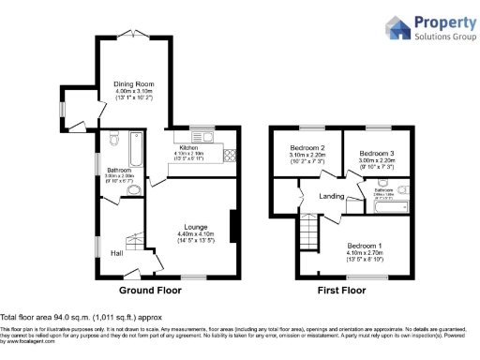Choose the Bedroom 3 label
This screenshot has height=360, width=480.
pyautogui.click(x=378, y=153)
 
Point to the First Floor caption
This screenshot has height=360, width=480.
pyautogui.click(x=341, y=290)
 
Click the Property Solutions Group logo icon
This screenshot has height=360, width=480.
pyautogui.click(x=397, y=28)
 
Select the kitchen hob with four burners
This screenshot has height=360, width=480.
pyautogui.click(x=228, y=156)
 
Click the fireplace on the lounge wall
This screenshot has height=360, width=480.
pyautogui.click(x=232, y=230)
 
